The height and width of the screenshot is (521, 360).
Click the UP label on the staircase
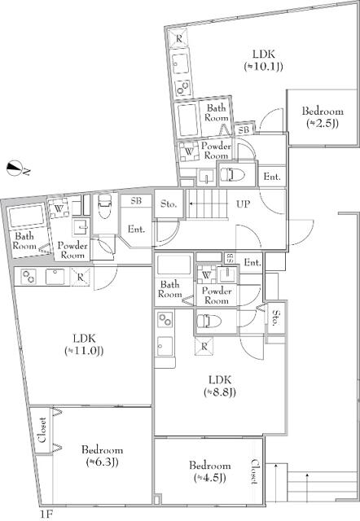[243, 205]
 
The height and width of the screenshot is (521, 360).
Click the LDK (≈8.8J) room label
[220, 385]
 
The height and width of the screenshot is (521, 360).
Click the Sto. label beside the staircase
[169, 204]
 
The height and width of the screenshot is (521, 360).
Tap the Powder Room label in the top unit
[215, 150]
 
